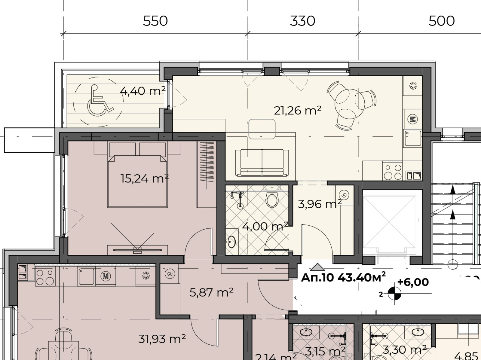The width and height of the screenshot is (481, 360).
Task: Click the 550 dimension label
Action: (x=155, y=21)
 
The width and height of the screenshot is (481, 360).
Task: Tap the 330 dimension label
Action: (x=302, y=21)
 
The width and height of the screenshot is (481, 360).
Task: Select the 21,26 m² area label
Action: (x=297, y=111)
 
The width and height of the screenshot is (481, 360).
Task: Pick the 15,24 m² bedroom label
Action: (x=144, y=178)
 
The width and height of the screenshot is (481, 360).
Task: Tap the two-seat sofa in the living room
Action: (x=262, y=163)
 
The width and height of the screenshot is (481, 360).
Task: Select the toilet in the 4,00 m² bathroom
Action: (x=272, y=200)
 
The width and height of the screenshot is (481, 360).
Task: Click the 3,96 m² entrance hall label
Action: (x=319, y=204)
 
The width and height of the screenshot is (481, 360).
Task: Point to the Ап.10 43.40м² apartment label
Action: (x=343, y=277)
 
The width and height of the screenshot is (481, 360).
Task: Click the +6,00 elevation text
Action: (x=413, y=282)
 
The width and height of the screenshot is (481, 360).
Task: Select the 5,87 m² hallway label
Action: (x=211, y=292)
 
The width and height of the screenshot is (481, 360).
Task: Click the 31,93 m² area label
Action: (x=162, y=339)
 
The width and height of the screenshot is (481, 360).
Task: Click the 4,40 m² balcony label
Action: (x=142, y=91)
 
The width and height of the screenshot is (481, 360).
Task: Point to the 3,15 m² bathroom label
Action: (x=325, y=351)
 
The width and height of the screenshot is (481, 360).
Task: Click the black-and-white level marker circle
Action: (x=394, y=294)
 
